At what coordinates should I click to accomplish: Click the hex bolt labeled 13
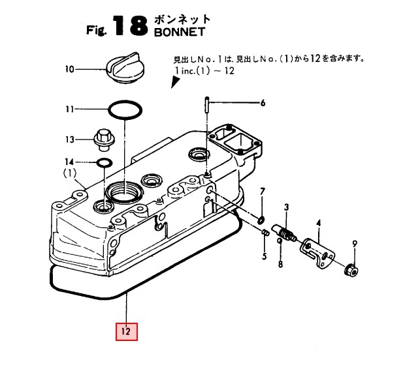(102, 138)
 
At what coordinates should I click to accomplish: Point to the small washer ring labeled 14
(104, 162)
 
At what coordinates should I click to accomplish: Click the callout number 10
(71, 68)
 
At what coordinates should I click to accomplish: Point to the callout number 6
(263, 103)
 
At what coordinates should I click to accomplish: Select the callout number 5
(264, 256)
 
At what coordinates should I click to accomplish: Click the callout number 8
(280, 264)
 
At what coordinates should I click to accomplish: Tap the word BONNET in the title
(179, 32)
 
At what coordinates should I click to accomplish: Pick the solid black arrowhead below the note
(175, 82)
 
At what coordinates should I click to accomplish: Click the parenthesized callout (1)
(70, 173)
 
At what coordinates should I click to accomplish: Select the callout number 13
(70, 139)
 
